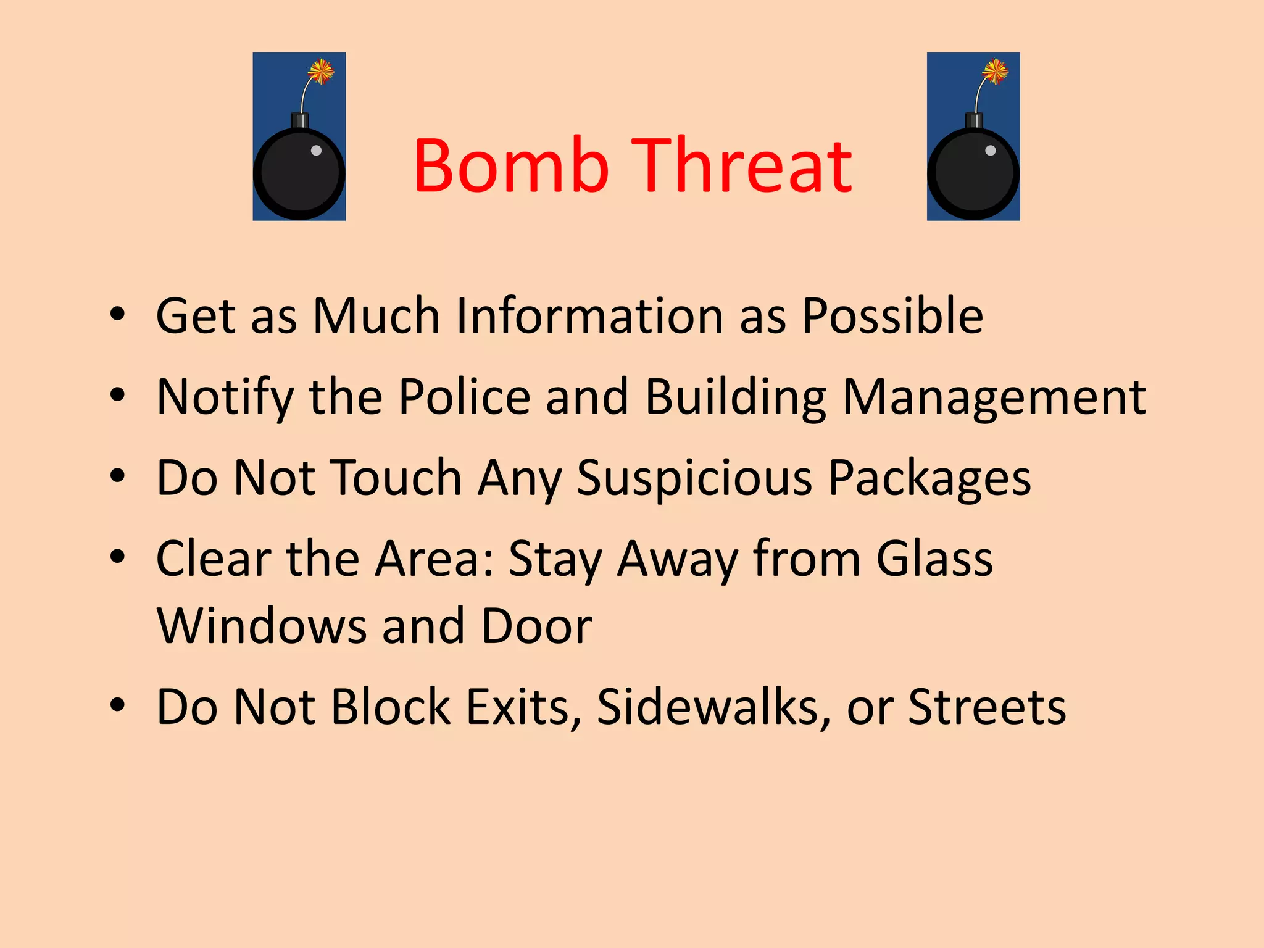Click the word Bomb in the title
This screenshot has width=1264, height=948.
pos(511,165)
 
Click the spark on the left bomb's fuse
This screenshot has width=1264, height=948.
pos(321,72)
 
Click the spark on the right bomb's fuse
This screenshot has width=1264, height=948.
pos(995,72)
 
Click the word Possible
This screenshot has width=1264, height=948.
pos(892,316)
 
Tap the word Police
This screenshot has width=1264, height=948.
pos(464,396)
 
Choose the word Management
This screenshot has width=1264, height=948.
pos(994,396)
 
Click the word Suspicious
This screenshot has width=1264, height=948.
pos(694,478)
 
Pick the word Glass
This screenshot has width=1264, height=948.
pos(934,559)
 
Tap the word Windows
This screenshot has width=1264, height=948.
pos(262,626)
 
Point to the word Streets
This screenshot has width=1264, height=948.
pos(987,707)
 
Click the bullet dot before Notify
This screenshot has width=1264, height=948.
pos(117,395)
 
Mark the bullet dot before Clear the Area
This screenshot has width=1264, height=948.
pos(117,557)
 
